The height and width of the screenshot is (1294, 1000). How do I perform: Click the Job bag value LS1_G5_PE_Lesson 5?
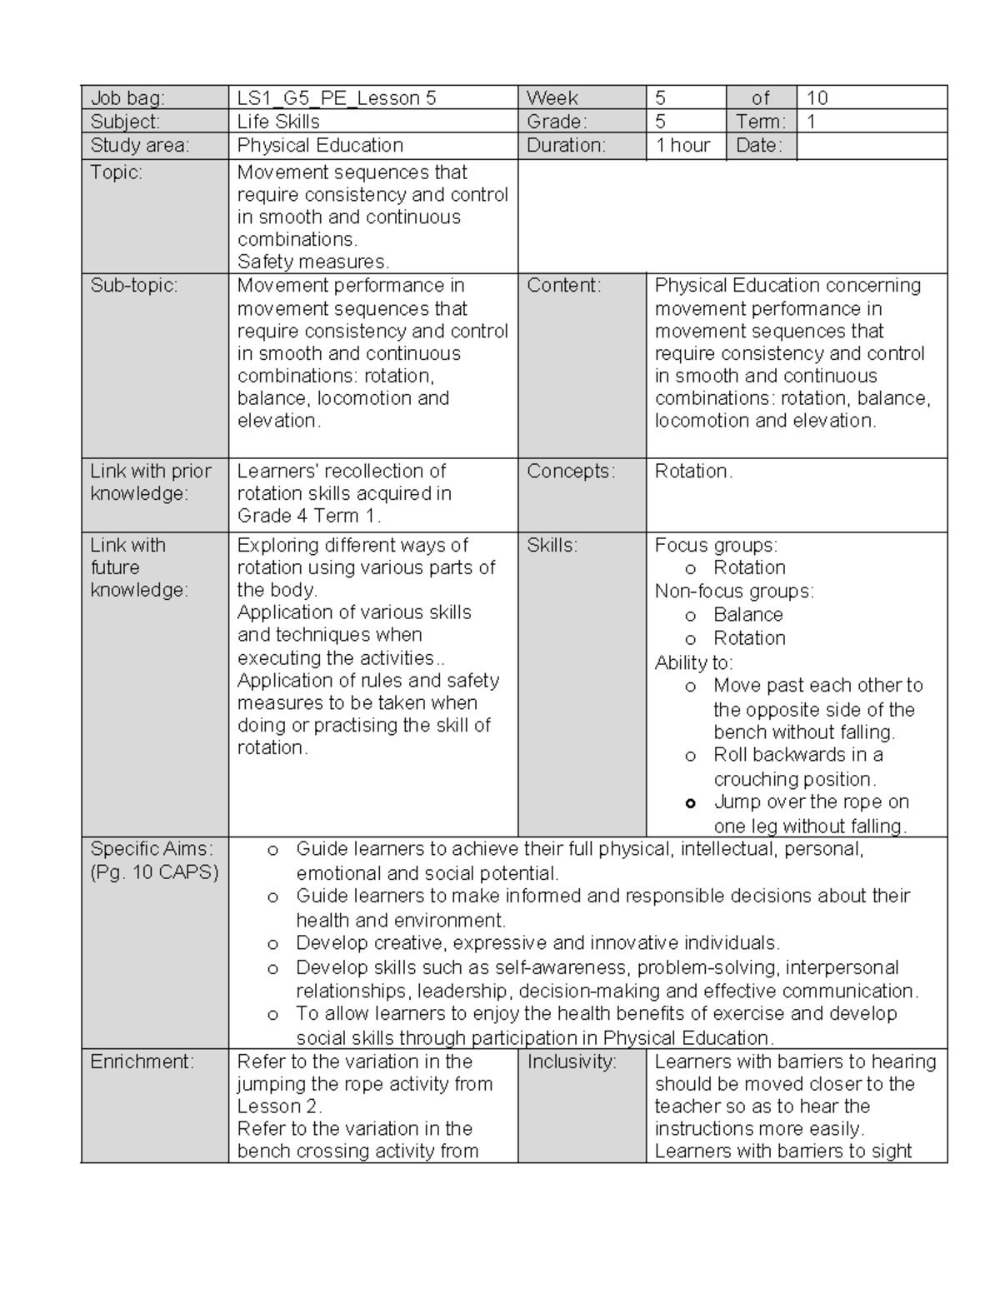coord(337,98)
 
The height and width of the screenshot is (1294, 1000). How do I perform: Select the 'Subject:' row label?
coord(125,122)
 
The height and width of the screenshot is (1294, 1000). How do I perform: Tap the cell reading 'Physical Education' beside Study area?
coord(320,145)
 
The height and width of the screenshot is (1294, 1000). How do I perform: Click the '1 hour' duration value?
coord(682,145)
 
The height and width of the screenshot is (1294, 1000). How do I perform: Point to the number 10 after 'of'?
coord(817,98)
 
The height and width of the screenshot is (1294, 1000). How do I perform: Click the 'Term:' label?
coord(760,122)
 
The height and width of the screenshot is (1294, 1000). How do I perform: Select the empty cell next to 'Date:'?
coord(871,146)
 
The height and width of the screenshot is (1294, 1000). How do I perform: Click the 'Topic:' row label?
coord(117,172)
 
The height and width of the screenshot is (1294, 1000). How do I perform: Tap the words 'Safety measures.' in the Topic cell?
coord(313,262)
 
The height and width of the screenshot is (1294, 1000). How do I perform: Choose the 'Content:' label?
coord(564,285)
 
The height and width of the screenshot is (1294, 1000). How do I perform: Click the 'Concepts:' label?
coord(571,471)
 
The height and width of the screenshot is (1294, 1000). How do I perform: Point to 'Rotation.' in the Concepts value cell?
coord(693,471)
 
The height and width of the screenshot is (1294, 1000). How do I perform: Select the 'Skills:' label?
coord(552,545)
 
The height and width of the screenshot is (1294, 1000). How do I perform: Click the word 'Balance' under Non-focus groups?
coord(748,615)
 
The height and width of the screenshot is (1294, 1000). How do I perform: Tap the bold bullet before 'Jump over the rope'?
coord(690,803)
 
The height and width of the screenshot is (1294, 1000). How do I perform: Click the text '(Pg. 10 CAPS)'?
coord(154,872)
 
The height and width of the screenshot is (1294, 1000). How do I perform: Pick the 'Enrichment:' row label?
coord(142,1062)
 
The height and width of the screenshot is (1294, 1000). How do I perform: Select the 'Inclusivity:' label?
coord(572,1062)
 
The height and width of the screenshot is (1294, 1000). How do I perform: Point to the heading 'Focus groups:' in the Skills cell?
coord(716,545)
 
